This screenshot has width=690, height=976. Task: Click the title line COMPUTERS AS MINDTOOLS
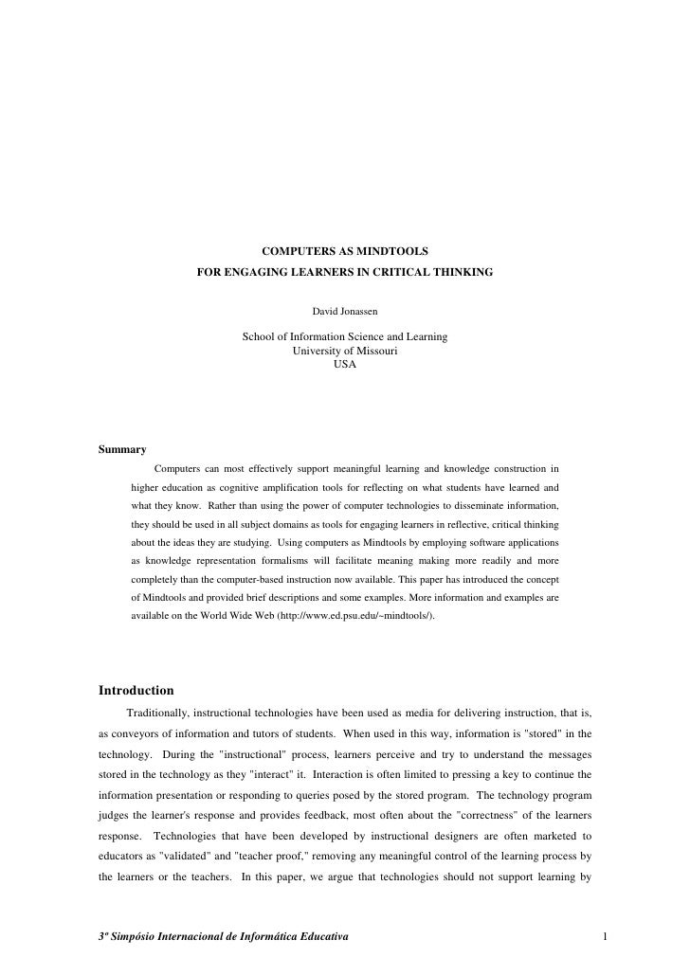345,252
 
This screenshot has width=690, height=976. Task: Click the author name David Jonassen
345,310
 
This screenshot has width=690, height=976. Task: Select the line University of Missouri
345,351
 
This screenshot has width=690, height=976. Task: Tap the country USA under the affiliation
345,364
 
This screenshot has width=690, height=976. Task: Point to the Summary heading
122,449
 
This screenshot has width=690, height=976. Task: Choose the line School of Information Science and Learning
345,337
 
